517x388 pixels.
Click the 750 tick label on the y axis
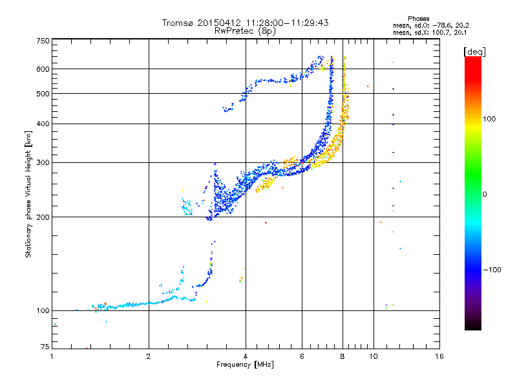(43, 40)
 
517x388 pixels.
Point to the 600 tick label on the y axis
(43, 69)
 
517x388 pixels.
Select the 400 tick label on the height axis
(43, 124)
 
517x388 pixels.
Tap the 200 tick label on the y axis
(43, 217)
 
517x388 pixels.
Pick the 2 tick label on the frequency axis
(149, 356)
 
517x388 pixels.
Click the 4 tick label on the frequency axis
(246, 356)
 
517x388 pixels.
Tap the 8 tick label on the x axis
(343, 356)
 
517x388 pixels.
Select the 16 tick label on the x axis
(439, 356)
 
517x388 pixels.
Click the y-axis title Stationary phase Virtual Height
(28, 195)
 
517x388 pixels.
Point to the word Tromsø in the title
(179, 23)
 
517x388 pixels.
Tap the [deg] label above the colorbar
(475, 51)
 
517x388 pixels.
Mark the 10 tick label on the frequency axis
(373, 356)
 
